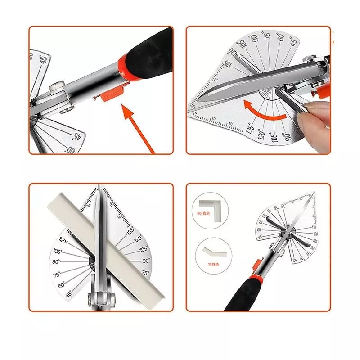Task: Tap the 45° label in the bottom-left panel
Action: [x=68, y=295]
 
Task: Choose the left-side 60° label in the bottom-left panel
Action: [x=61, y=284]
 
